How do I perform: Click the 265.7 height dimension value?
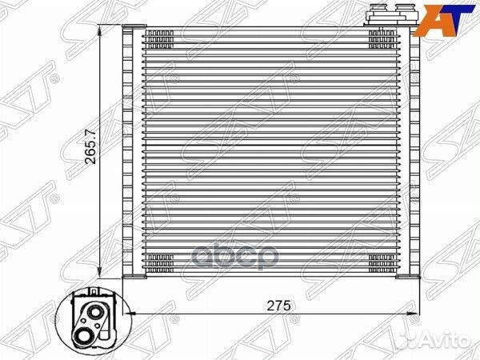tap(90, 146)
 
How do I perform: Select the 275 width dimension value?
tap(278, 306)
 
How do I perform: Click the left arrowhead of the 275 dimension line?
tap(129, 314)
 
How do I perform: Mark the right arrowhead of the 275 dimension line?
tap(412, 314)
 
